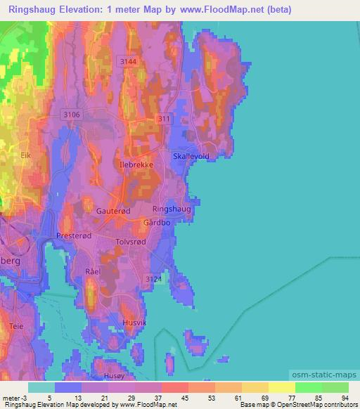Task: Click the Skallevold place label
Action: tap(191, 157)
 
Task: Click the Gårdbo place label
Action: tap(157, 222)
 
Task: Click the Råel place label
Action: tap(93, 271)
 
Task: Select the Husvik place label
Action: tap(134, 323)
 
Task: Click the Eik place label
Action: tap(27, 155)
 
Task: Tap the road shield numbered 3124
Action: tap(154, 280)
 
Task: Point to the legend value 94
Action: tap(345, 398)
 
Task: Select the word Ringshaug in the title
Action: tap(33, 9)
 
